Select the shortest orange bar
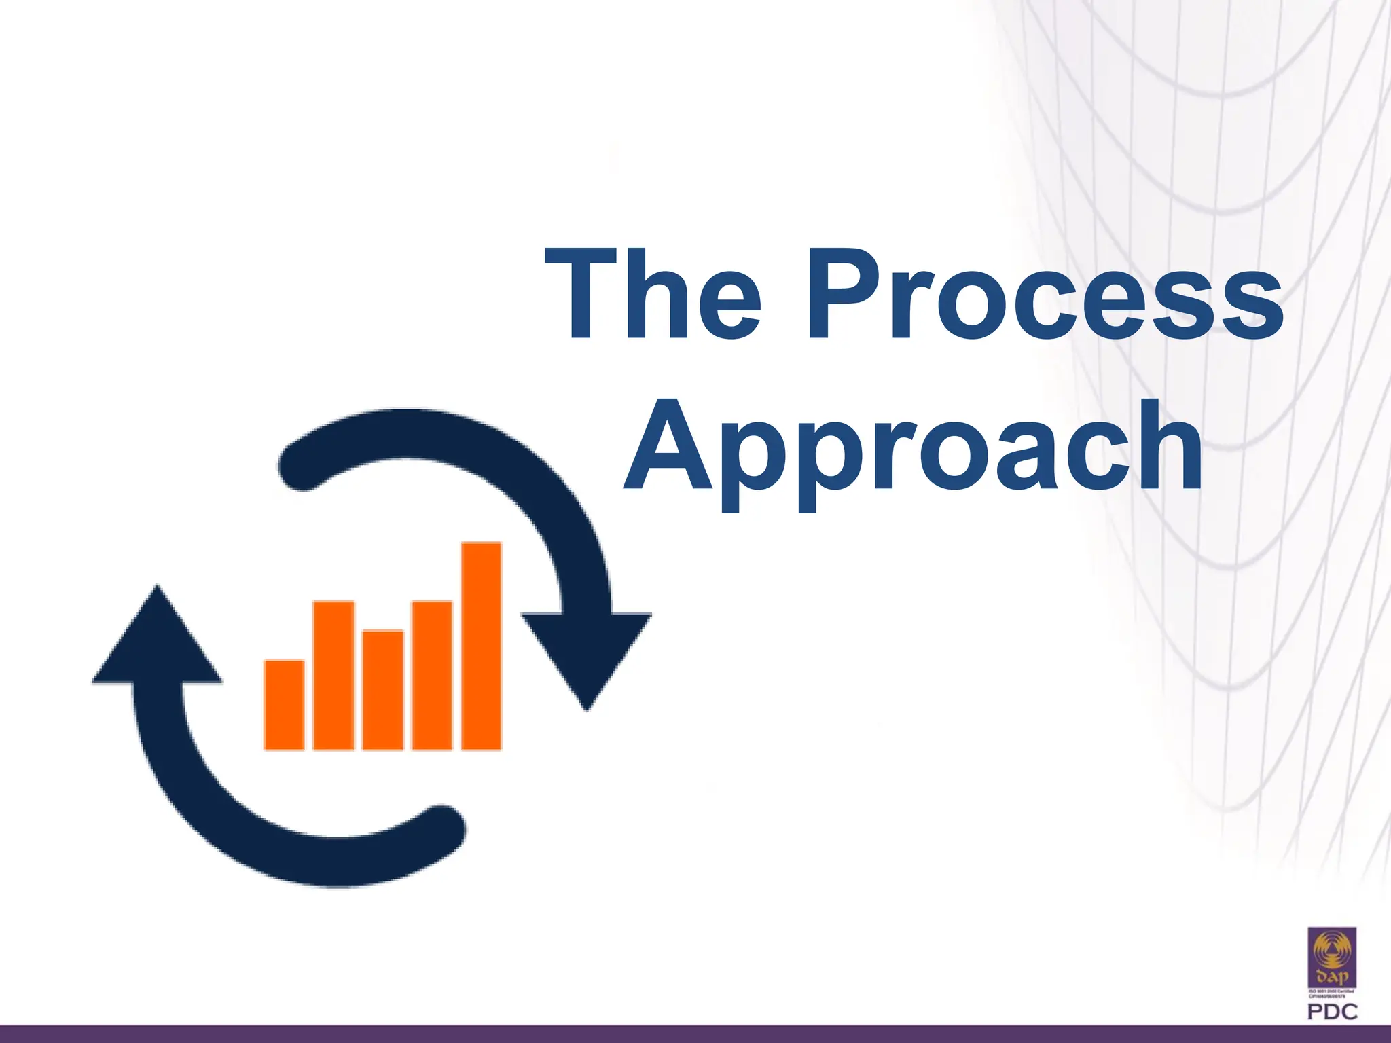tap(284, 704)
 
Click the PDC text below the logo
tap(1332, 1012)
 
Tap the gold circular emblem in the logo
tap(1332, 951)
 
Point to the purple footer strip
tap(695, 1034)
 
